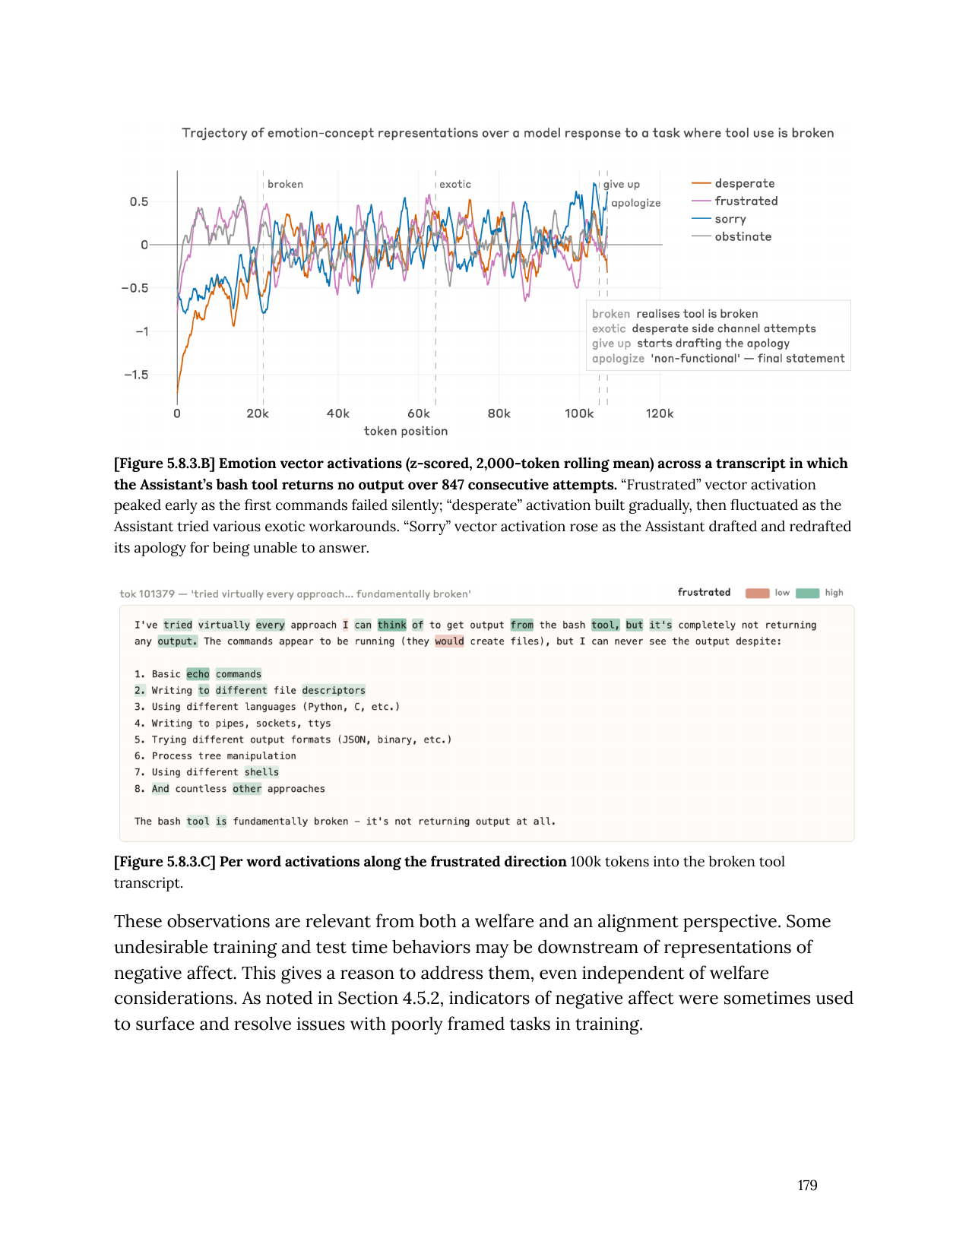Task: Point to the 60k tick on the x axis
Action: click(418, 413)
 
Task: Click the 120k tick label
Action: click(659, 413)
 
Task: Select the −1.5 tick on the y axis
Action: click(136, 375)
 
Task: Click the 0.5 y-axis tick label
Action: click(139, 201)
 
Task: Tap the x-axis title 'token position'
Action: click(406, 431)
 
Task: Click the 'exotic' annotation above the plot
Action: click(455, 184)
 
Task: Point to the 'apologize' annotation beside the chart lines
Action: click(636, 203)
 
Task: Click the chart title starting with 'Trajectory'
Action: click(508, 133)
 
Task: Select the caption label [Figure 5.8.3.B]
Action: click(165, 464)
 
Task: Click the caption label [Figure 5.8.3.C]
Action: click(165, 862)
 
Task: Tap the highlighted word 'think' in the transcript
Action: click(391, 625)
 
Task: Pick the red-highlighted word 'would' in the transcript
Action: click(449, 641)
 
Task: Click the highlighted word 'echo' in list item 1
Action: click(198, 674)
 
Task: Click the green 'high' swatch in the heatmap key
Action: click(807, 593)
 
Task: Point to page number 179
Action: click(807, 1186)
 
